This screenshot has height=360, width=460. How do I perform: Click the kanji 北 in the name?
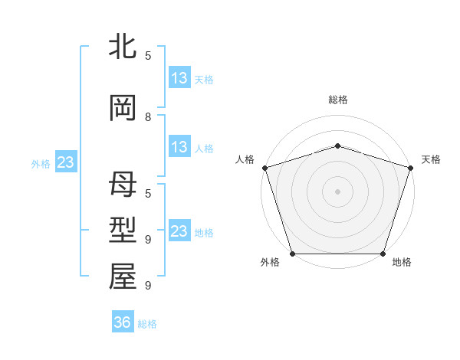(x=123, y=47)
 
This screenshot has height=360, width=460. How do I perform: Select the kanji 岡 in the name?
(x=123, y=109)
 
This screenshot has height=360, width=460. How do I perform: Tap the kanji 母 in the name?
(x=123, y=185)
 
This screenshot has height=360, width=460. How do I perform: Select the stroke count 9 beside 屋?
(x=148, y=285)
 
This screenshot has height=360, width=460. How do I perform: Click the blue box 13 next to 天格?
(x=179, y=78)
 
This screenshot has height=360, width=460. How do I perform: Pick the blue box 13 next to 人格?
(x=179, y=147)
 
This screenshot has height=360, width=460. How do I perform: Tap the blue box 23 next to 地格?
(x=179, y=231)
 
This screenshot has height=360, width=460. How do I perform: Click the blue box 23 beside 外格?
(x=65, y=162)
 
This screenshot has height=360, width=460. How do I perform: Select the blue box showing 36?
(x=123, y=322)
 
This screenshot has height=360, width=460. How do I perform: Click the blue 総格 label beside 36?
(x=147, y=324)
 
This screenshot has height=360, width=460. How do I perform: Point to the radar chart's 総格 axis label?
(x=337, y=100)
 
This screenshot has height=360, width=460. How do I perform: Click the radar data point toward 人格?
(x=264, y=168)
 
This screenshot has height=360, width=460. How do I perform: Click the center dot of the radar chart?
(x=337, y=191)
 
